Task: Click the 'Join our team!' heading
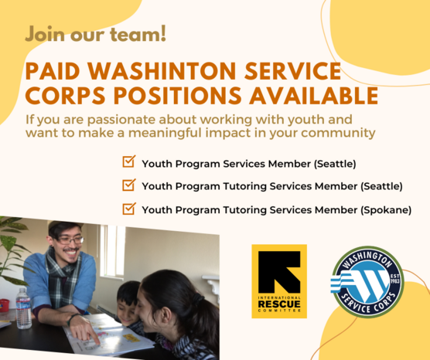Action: click(95, 35)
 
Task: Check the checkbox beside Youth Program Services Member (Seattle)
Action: click(129, 163)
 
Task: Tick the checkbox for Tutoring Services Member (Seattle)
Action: click(129, 185)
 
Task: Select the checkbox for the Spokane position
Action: click(129, 209)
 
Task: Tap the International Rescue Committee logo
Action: click(278, 280)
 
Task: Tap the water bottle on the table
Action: click(23, 307)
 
